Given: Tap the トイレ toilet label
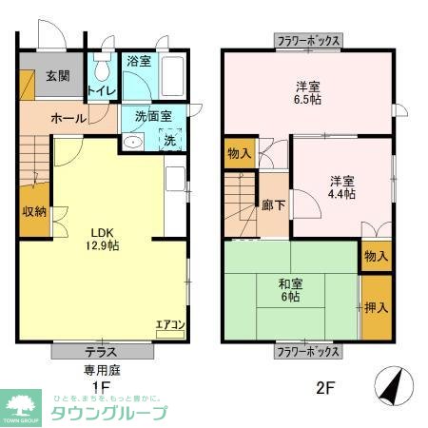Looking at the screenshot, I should pyautogui.click(x=102, y=90).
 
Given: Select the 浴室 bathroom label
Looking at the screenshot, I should pyautogui.click(x=139, y=62).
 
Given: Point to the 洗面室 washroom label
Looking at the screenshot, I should pyautogui.click(x=152, y=116).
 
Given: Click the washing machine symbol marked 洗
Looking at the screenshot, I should pyautogui.click(x=170, y=140).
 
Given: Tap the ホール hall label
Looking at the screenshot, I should pyautogui.click(x=68, y=118).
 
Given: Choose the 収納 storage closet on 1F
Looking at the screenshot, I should pyautogui.click(x=34, y=212).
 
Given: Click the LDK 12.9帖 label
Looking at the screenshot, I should pyautogui.click(x=105, y=238).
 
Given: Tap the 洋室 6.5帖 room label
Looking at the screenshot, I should pyautogui.click(x=307, y=90).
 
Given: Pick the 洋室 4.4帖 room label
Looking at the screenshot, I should pyautogui.click(x=342, y=186).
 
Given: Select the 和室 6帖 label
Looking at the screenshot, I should pyautogui.click(x=291, y=287).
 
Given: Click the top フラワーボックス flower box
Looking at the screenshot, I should pyautogui.click(x=308, y=41).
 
